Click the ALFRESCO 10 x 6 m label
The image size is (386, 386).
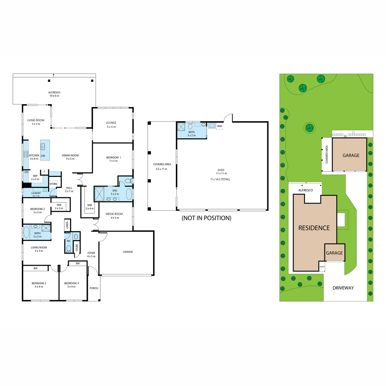[54, 94]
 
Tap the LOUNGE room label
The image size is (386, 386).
[111, 123]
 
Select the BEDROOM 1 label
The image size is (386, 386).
[113, 157]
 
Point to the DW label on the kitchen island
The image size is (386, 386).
[43, 156]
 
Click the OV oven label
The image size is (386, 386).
[26, 172]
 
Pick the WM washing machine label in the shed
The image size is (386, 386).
[219, 126]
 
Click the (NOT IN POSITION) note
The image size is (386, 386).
[206, 218]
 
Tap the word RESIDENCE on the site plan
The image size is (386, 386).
[314, 228]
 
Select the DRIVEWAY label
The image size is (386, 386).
[343, 288]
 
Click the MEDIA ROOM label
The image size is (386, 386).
[114, 214]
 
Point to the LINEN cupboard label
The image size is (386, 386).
[67, 225]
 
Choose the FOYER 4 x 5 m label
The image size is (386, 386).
[91, 254]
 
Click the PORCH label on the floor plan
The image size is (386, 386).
[94, 288]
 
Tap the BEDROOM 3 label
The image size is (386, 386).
[39, 283]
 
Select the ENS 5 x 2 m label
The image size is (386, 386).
[115, 192]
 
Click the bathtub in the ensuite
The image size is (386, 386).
[129, 194]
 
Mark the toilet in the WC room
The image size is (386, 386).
[69, 249]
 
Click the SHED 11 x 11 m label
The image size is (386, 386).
[221, 172]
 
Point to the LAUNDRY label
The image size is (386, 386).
[36, 193]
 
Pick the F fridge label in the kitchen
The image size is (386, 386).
[44, 172]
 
